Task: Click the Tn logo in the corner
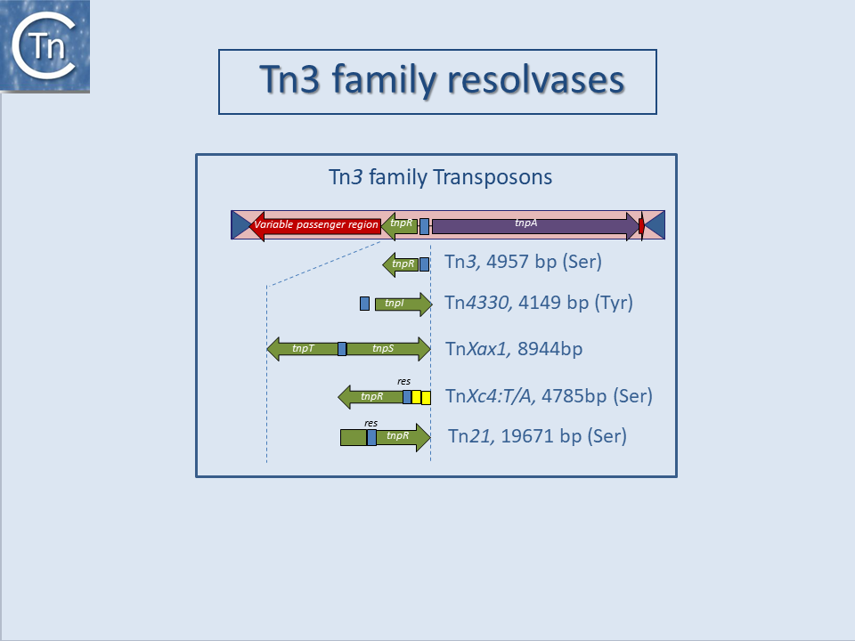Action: [x=45, y=46]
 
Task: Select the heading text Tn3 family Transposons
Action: [x=441, y=177]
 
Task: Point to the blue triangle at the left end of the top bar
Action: [x=240, y=224]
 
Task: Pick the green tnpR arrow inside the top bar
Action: [x=401, y=224]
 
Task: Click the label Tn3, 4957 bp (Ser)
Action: [x=524, y=263]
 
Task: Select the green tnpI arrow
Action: [x=402, y=304]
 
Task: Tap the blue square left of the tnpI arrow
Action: [x=364, y=304]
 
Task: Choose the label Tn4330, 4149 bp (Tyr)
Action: [x=539, y=303]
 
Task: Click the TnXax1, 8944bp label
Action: [x=514, y=349]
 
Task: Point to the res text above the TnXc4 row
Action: [x=403, y=382]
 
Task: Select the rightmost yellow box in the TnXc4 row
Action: [x=426, y=397]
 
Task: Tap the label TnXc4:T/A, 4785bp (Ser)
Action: [x=549, y=396]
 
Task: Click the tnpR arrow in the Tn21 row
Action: [x=402, y=437]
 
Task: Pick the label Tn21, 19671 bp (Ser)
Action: [x=537, y=436]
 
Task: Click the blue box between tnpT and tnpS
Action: [x=342, y=349]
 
